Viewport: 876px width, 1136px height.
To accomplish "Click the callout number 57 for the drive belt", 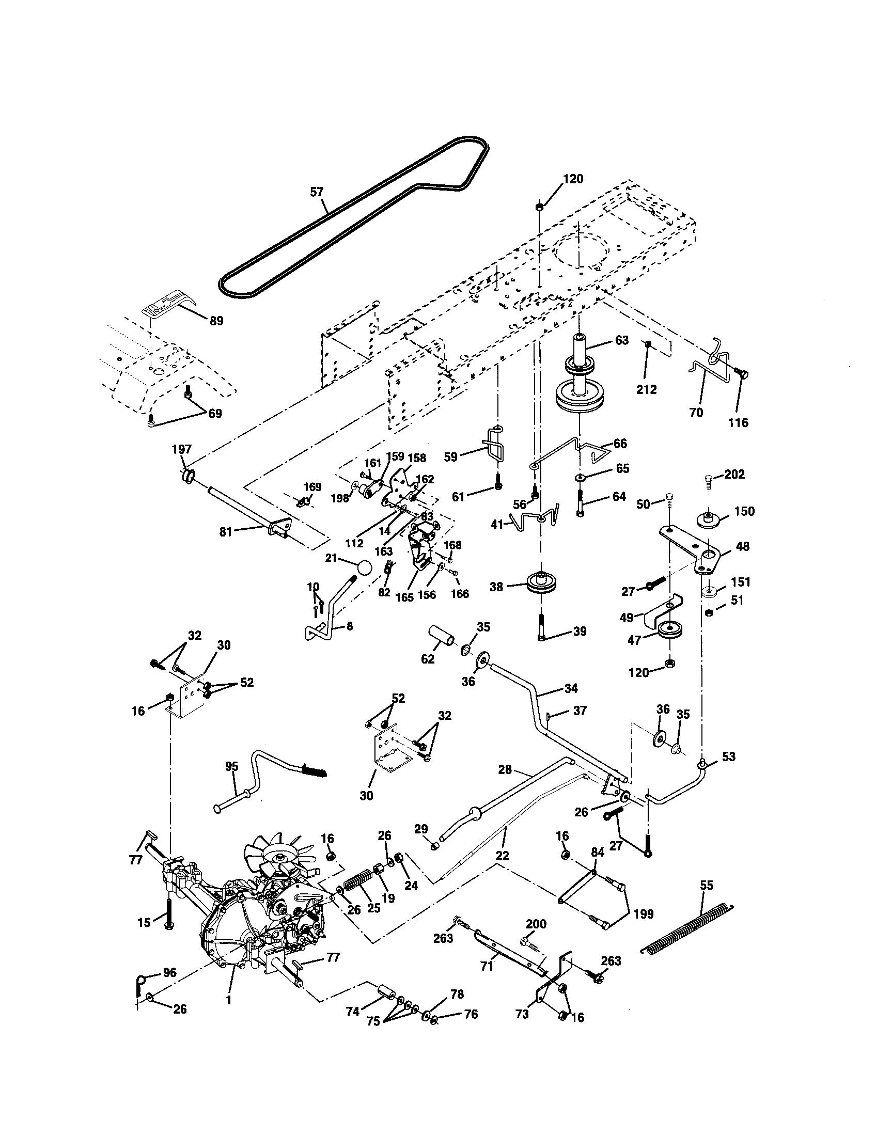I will (316, 192).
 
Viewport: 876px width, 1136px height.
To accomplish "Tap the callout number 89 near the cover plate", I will (216, 321).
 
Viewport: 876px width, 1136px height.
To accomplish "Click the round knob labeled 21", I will (365, 568).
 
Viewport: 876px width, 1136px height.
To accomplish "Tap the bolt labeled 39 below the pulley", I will (543, 628).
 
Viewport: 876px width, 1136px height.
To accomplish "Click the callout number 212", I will (646, 389).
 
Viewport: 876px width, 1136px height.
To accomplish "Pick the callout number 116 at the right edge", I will (738, 422).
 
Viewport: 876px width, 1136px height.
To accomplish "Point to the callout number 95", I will (232, 766).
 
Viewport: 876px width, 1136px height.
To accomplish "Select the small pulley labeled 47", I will (670, 630).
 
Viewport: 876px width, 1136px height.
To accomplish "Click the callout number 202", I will (734, 475).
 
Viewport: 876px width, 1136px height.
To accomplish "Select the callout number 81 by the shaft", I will (226, 531).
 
